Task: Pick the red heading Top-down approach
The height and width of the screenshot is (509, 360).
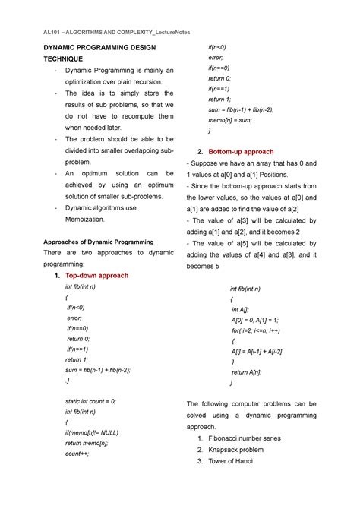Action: point(97,275)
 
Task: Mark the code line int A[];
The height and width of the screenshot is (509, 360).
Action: point(242,310)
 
